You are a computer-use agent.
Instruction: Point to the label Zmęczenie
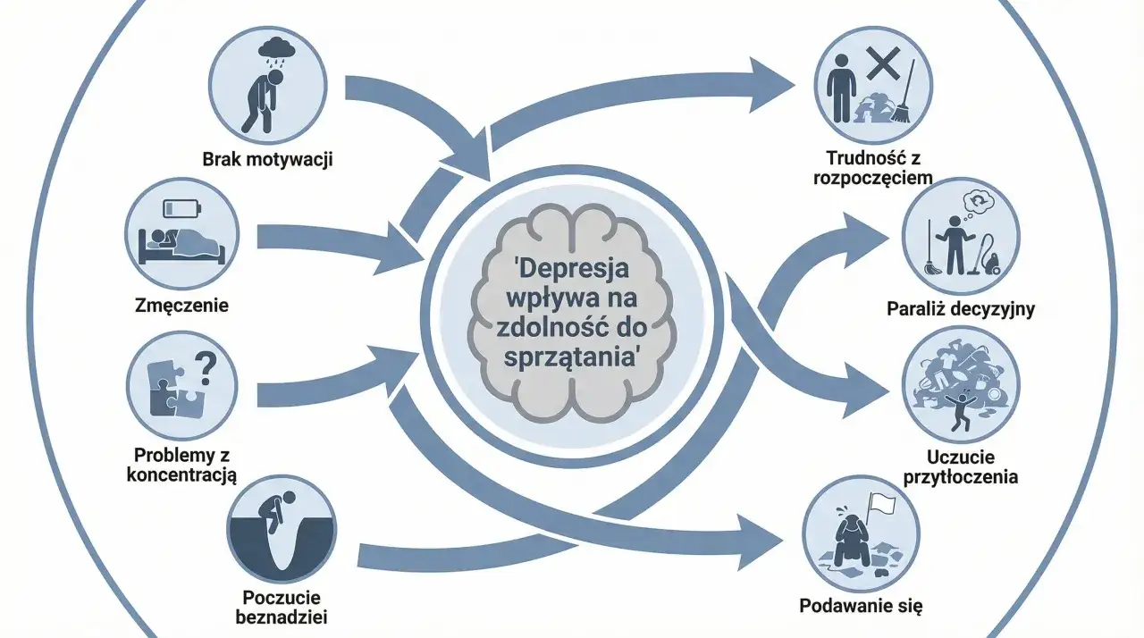point(182,306)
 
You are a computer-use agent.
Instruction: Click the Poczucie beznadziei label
point(282,608)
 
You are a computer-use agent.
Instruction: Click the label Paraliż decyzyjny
point(961,310)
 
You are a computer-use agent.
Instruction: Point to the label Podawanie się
point(860,605)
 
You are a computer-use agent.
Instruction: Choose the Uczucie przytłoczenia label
point(961,466)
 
